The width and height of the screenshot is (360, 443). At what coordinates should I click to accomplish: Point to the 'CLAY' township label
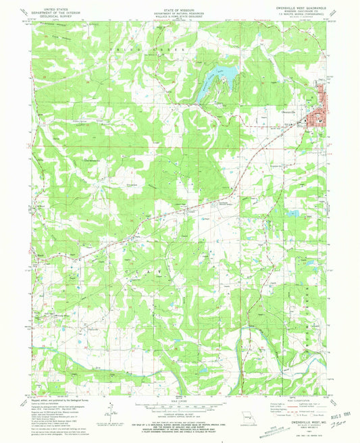(x=141, y=270)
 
